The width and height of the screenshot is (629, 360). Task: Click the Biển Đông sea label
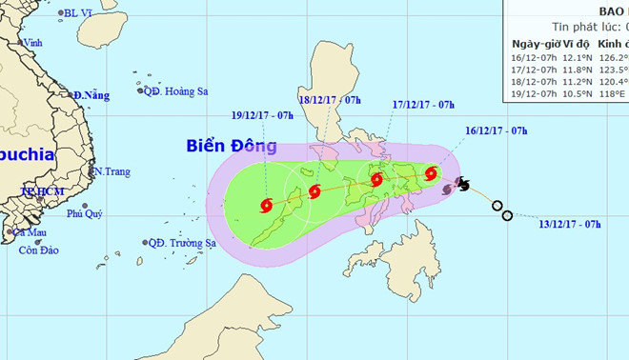[x=233, y=147]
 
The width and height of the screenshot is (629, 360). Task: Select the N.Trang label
[x=110, y=172]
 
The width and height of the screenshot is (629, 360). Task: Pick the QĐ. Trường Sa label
[x=182, y=243]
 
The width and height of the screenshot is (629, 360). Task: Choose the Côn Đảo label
[x=34, y=250]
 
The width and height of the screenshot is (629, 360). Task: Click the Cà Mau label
[x=30, y=232]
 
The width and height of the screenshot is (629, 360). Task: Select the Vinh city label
[x=33, y=43]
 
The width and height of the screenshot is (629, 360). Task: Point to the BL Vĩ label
[x=79, y=14]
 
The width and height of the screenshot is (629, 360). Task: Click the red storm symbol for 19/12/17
[x=266, y=205]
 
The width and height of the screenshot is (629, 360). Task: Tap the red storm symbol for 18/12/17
[x=315, y=192]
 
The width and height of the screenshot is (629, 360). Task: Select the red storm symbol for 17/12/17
[x=377, y=179]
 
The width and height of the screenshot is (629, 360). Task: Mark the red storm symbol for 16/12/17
[x=432, y=173]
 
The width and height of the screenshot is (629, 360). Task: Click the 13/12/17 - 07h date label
[x=569, y=224]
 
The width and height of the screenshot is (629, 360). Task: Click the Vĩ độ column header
[x=577, y=44]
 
